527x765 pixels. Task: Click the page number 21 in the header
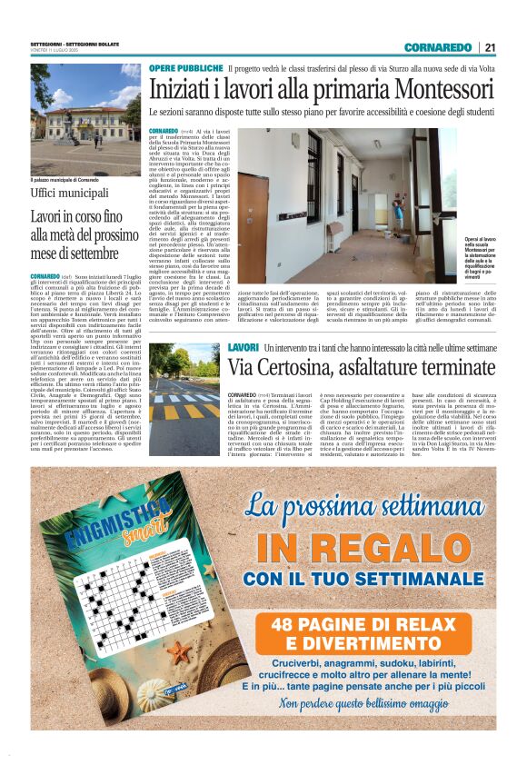pyautogui.click(x=489, y=47)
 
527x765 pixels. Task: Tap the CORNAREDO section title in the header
pyautogui.click(x=437, y=47)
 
